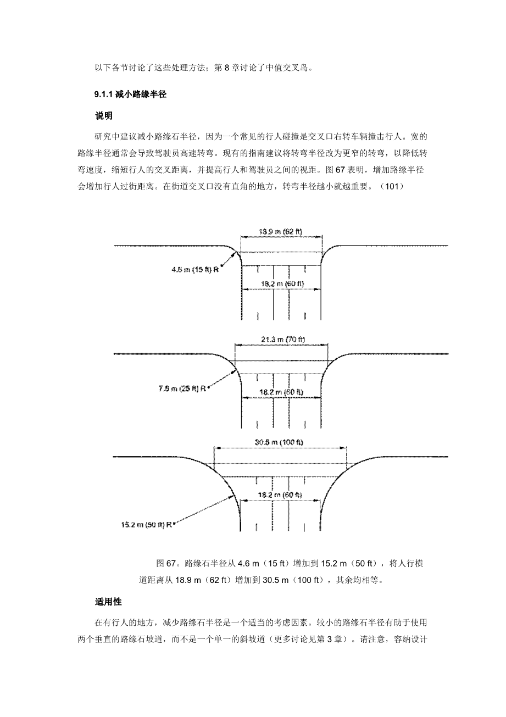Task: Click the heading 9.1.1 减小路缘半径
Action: click(130, 95)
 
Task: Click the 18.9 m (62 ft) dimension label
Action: click(280, 231)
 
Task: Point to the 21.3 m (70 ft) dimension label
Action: click(281, 340)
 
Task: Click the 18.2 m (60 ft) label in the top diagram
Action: click(281, 284)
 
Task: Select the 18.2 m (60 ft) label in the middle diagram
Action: click(281, 392)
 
